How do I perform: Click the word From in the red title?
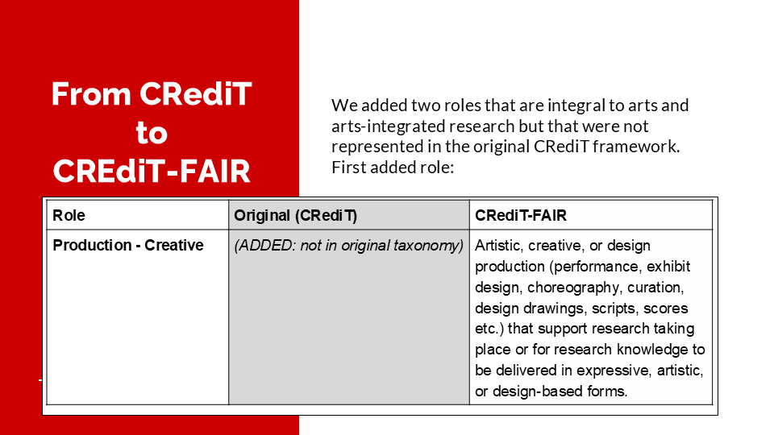click(91, 93)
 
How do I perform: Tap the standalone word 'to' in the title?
click(152, 133)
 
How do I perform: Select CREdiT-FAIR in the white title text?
click(152, 171)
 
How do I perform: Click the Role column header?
click(69, 216)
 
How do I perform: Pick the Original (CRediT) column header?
click(296, 216)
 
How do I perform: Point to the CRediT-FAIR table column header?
click(521, 216)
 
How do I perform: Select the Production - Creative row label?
click(128, 245)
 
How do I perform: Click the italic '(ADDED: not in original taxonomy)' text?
click(348, 246)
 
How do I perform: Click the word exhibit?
click(669, 267)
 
